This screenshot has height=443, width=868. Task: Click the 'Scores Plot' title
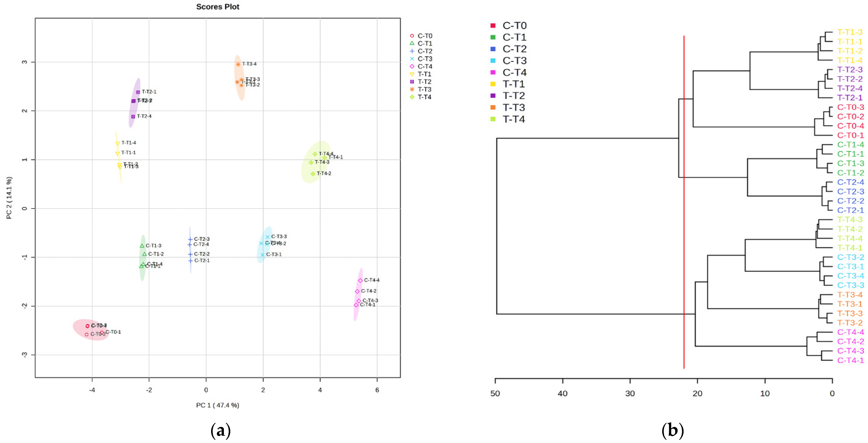(218, 7)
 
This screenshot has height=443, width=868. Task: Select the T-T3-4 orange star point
(238, 64)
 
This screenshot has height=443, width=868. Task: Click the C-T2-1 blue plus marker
(190, 261)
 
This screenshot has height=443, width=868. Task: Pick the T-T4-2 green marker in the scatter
(313, 174)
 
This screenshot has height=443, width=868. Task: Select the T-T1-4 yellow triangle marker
(118, 143)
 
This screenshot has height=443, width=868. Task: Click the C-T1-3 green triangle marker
(142, 246)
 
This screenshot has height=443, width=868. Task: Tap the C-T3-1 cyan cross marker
(262, 255)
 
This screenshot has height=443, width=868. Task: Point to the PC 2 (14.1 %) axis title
(9, 198)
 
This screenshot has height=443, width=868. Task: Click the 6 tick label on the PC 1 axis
(377, 390)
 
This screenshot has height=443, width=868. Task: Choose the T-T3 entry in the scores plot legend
(424, 89)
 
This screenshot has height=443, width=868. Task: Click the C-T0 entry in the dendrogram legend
(514, 26)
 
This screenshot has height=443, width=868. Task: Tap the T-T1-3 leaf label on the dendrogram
(850, 32)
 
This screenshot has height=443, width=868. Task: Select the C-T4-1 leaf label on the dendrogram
(850, 360)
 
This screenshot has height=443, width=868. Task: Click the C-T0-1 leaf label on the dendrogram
(850, 135)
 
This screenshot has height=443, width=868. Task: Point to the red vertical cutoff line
(684, 202)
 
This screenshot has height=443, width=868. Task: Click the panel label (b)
(673, 430)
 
